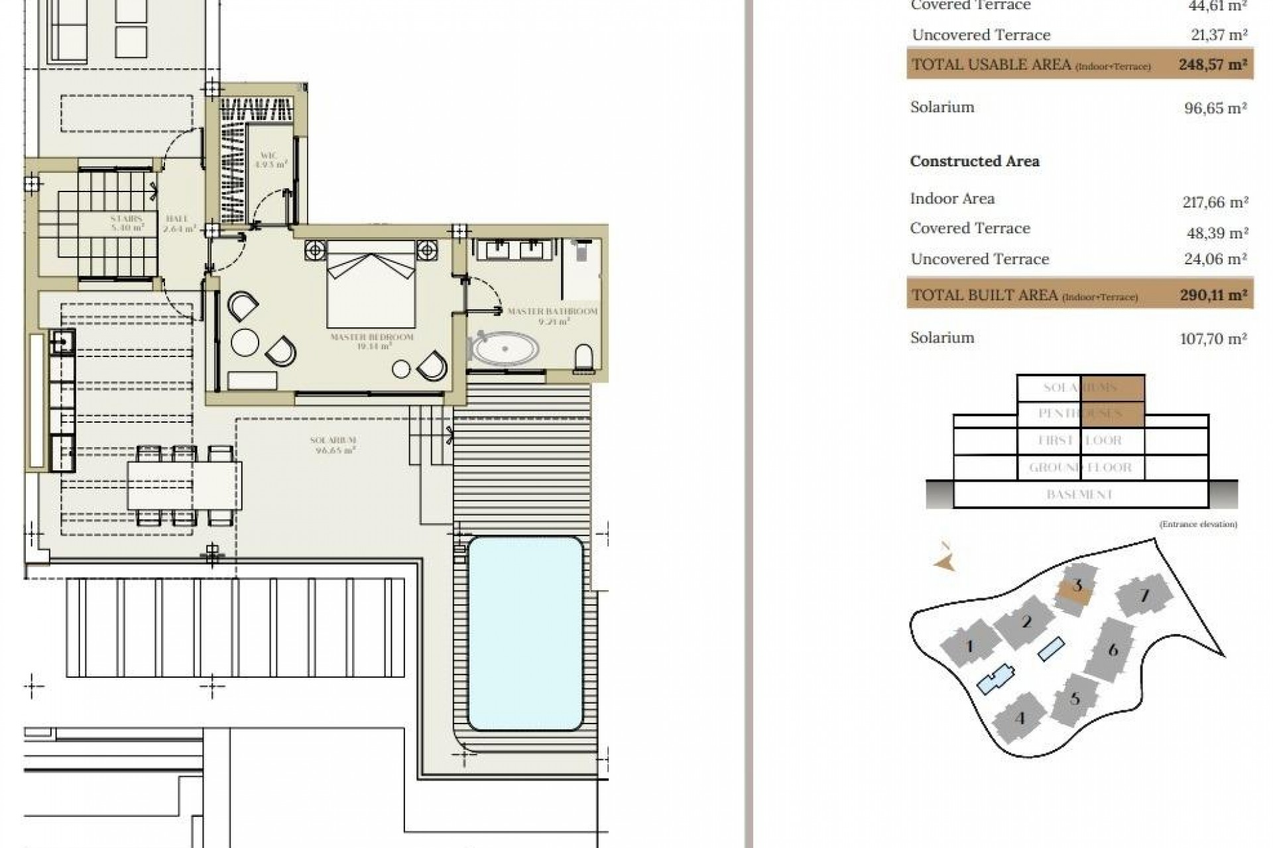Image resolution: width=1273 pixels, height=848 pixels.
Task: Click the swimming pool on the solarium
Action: (x=525, y=633)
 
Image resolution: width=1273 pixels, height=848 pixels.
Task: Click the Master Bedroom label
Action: (x=371, y=341)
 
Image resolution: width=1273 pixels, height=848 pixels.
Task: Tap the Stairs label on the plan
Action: (x=127, y=222)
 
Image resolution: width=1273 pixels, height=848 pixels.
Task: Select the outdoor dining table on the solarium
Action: (x=184, y=485)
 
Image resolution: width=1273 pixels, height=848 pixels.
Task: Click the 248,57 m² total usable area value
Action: (x=1212, y=65)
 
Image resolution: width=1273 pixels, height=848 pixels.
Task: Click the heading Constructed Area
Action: (x=974, y=161)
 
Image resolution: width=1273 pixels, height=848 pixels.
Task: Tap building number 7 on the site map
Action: (x=1144, y=596)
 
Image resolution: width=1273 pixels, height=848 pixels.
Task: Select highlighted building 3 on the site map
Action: (x=1076, y=587)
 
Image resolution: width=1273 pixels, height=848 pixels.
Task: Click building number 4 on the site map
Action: (x=1020, y=718)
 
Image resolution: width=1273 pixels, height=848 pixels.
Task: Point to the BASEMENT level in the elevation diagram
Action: (x=1079, y=495)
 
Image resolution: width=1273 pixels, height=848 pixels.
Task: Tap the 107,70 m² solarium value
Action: (x=1213, y=339)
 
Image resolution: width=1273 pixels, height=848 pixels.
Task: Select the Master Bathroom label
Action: (x=552, y=315)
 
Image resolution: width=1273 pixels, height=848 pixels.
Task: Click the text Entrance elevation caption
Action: (x=1197, y=524)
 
